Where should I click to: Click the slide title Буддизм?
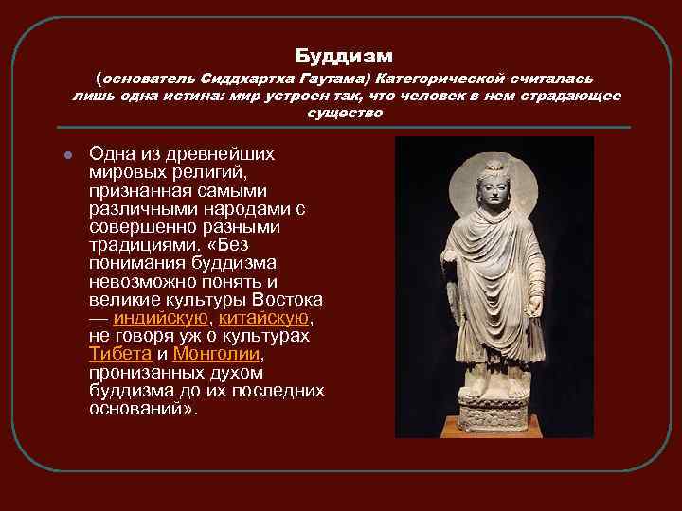click(342, 56)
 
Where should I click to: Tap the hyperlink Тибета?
click(119, 354)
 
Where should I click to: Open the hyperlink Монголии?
click(217, 354)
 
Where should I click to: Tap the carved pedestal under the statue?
click(494, 412)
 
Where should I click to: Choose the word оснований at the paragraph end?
click(135, 408)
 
